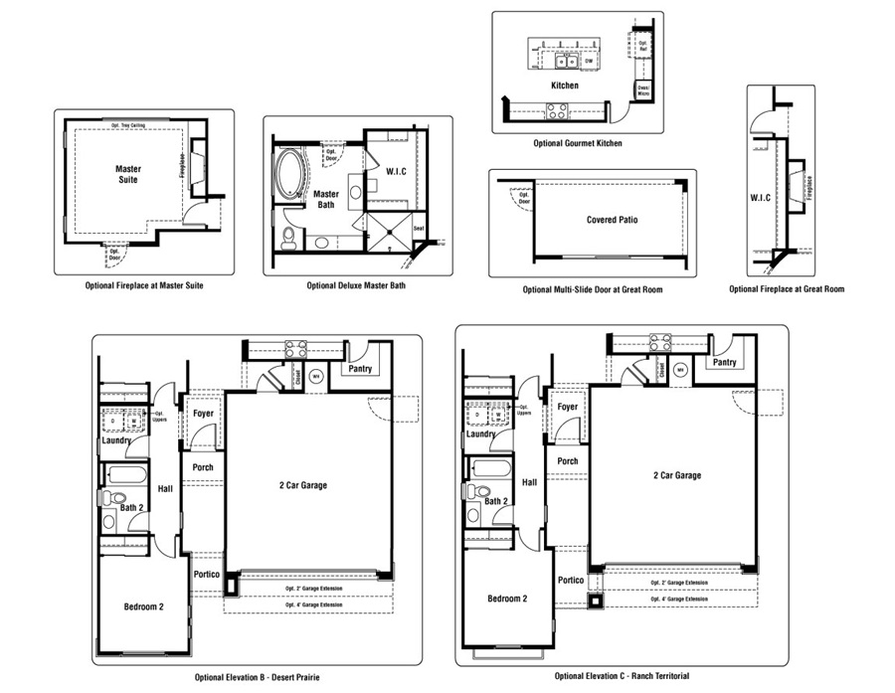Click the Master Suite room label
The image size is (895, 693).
[x=128, y=175]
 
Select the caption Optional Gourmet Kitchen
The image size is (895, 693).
[x=578, y=143]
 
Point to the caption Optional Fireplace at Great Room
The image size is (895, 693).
[x=787, y=289]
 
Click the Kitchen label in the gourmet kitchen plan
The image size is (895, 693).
[x=565, y=86]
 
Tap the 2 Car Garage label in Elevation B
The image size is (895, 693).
[x=302, y=485]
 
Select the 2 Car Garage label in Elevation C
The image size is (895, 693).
[x=675, y=475]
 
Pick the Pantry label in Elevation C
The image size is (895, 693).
[x=724, y=362]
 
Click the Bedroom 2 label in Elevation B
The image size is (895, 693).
[x=144, y=606]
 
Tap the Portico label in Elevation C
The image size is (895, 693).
[x=570, y=581]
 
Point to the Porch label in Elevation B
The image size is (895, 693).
[x=203, y=467]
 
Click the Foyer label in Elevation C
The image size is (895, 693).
[x=568, y=407]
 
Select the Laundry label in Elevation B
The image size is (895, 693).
[x=118, y=440]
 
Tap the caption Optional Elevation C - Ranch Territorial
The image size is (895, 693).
[x=621, y=676]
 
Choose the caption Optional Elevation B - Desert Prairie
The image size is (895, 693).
[x=258, y=677]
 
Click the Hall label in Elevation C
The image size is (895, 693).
[x=530, y=482]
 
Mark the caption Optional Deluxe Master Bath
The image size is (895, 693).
[x=356, y=285]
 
